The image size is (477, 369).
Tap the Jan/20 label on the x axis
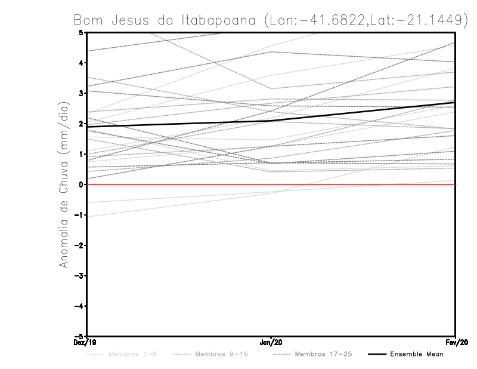coord(271,343)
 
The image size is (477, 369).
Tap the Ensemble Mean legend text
coord(416,355)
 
